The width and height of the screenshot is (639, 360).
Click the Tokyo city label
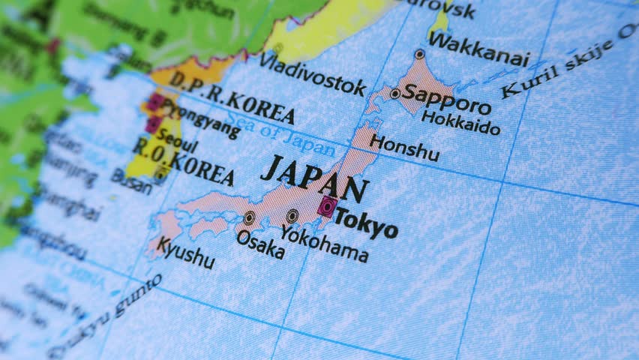[x=367, y=223]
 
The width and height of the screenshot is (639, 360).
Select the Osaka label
[x=260, y=244]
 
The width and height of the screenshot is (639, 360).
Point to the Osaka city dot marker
[x=249, y=218]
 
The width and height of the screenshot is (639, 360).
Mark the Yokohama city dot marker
[x=292, y=216]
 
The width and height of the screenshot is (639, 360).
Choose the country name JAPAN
[x=315, y=178]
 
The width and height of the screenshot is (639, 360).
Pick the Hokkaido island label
[x=460, y=122]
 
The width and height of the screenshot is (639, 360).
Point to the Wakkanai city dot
[x=419, y=54]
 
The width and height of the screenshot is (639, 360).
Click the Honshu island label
[x=405, y=146]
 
